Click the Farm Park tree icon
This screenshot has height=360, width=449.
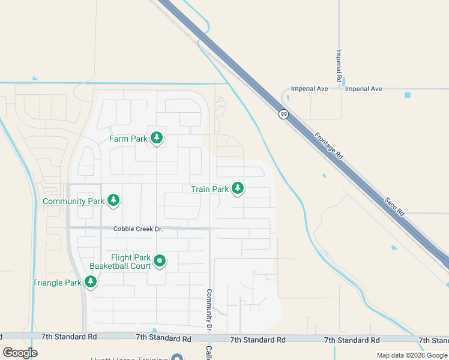click(x=157, y=139)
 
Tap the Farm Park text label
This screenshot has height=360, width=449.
click(x=128, y=139)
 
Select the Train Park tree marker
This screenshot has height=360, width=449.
click(x=238, y=188)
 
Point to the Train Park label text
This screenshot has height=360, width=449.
click(x=209, y=189)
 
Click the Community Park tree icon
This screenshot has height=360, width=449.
click(x=113, y=201)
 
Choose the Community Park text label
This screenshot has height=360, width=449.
click(x=74, y=202)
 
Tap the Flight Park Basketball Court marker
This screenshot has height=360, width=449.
click(x=160, y=261)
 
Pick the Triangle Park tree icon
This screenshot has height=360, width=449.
click(x=91, y=282)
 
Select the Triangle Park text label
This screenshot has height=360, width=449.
click(x=57, y=283)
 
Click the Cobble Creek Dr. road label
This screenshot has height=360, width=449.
click(x=138, y=229)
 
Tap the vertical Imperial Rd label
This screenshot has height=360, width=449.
click(x=339, y=65)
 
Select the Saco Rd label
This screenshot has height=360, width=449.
click(x=397, y=205)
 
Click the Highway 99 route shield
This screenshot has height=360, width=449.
click(x=282, y=113)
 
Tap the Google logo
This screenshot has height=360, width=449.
click(x=20, y=353)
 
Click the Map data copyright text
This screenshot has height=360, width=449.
click(x=411, y=355)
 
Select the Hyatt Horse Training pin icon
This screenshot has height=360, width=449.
click(x=176, y=358)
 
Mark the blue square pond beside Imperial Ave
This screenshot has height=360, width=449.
click(x=408, y=95)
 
